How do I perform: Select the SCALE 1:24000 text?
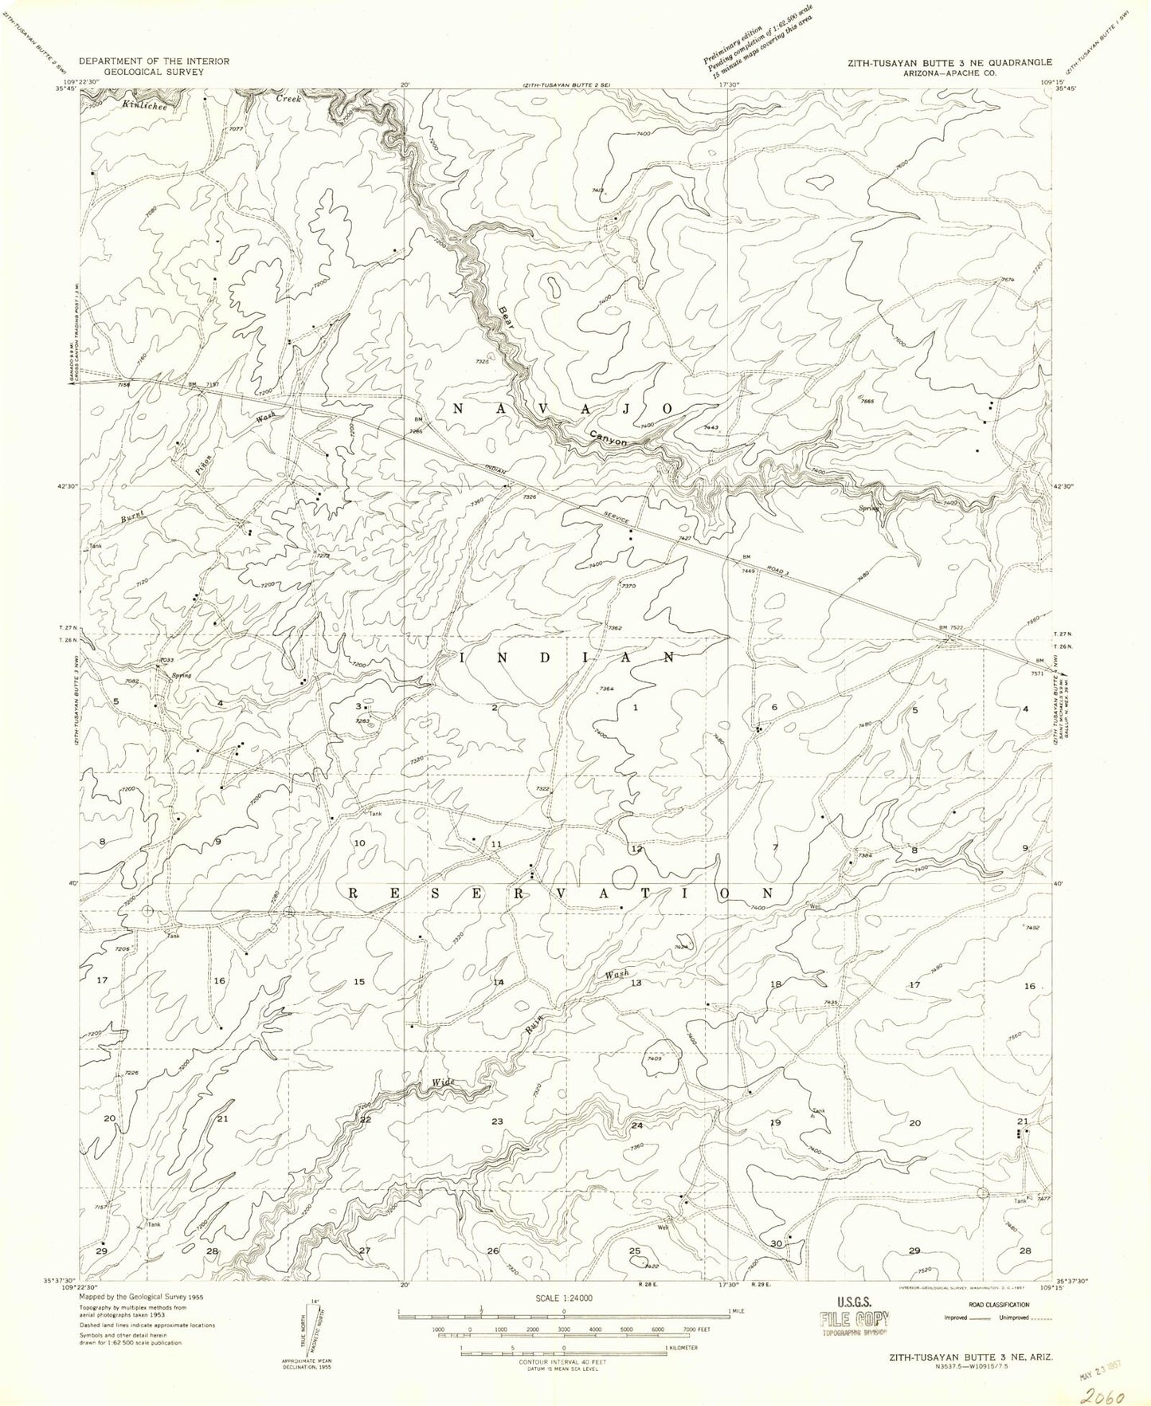(x=564, y=1298)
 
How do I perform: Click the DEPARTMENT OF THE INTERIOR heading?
(x=154, y=61)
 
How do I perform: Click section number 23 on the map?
(x=497, y=1122)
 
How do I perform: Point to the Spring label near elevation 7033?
(x=182, y=676)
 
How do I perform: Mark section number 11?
(x=495, y=844)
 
